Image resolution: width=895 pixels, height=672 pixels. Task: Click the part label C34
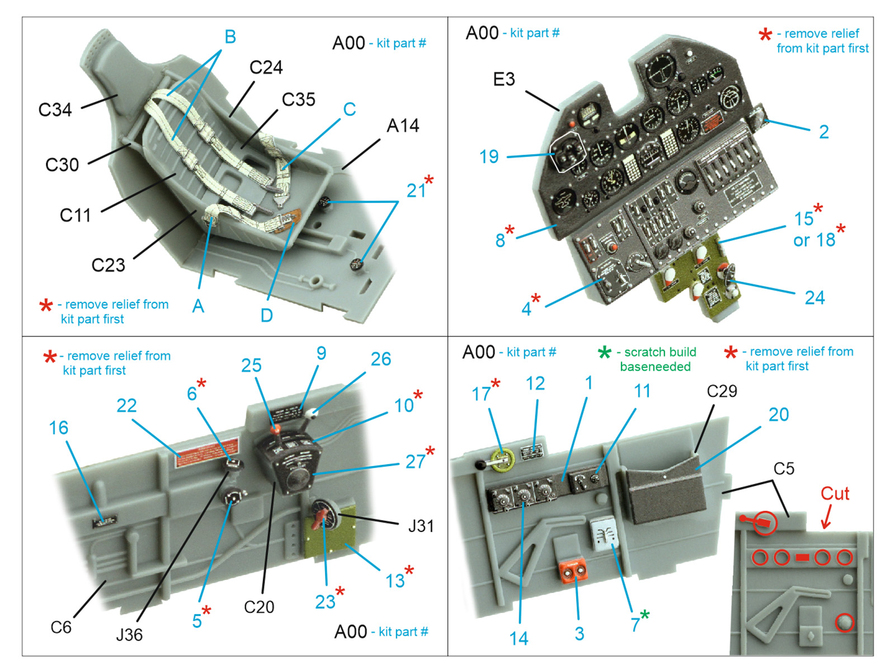pos(55,110)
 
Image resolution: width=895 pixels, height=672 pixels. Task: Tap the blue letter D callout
pos(267,316)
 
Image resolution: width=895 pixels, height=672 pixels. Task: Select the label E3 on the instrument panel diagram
pos(503,80)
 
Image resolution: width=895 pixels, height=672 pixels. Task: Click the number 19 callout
pos(488,157)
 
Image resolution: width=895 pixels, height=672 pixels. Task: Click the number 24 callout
pos(814,298)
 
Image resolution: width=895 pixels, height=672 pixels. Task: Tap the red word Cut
pos(835,494)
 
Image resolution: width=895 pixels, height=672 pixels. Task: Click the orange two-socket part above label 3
pos(573,571)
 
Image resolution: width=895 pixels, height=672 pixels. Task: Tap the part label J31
pos(421,526)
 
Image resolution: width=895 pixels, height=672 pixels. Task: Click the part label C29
pos(722,391)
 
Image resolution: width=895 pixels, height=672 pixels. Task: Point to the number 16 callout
pos(58,428)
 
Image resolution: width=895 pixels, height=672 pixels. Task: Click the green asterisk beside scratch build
pos(604,353)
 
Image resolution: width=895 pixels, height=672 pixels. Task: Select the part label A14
pos(403,126)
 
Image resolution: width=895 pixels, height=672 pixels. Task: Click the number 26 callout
pos(381,360)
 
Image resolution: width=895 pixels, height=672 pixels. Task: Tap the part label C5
pos(784,469)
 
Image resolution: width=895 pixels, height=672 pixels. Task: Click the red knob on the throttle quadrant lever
pos(275,430)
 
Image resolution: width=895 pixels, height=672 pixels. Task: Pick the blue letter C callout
pos(350,109)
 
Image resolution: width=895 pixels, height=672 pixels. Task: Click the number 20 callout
pos(779,415)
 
